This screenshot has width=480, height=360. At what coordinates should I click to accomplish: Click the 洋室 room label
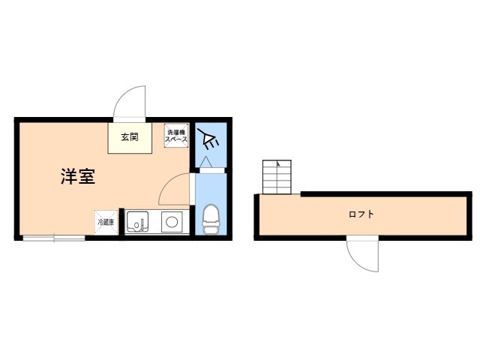coord(78,177)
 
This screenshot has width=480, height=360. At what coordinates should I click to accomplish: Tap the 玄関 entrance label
coord(130,136)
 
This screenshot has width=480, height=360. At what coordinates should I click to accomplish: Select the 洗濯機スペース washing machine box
coord(176,136)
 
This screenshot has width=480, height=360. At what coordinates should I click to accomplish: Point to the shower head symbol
coord(208,139)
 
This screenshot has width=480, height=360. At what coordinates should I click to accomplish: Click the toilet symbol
coord(211,220)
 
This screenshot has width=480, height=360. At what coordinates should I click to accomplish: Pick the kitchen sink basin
coord(137,221)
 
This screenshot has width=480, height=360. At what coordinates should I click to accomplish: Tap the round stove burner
coord(172,222)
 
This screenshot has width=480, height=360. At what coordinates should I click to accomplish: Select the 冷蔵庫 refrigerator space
coord(106,222)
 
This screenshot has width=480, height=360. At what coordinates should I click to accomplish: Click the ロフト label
coord(361,214)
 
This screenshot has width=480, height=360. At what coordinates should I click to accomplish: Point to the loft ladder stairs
coord(277,177)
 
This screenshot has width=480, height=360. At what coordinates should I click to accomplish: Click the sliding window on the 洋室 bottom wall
coord(54,238)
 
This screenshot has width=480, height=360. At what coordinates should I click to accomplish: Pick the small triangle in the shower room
coord(205,162)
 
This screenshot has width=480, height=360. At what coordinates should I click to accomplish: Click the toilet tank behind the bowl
coord(211,230)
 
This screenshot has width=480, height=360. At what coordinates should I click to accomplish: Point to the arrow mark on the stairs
coord(278,163)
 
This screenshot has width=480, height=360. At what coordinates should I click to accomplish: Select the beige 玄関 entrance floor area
coord(130,138)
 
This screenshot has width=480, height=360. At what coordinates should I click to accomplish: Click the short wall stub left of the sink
coord(121,222)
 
